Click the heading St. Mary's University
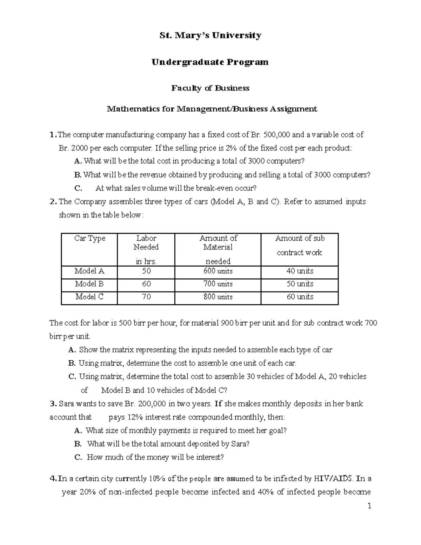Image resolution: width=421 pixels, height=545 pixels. pos(210,35)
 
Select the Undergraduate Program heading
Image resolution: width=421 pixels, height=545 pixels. pos(210,62)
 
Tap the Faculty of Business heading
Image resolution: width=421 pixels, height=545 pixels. pos(210,88)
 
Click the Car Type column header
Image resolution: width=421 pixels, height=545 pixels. pos(89,239)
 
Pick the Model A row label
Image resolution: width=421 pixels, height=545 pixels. pos(89,271)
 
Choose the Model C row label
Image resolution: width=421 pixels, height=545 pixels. pos(89,297)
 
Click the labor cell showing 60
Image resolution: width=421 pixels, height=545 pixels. pos(146,284)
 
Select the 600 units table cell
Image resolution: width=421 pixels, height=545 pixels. pos(218,271)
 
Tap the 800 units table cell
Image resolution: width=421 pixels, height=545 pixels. pos(218,297)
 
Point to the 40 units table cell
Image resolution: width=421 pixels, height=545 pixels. pos(300,271)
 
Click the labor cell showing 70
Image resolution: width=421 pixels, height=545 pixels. pos(146,297)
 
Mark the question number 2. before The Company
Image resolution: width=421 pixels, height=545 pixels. pos(53,202)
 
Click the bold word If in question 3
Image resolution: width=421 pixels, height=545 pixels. pos(218,404)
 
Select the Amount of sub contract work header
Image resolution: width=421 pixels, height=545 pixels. pos(300,245)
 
